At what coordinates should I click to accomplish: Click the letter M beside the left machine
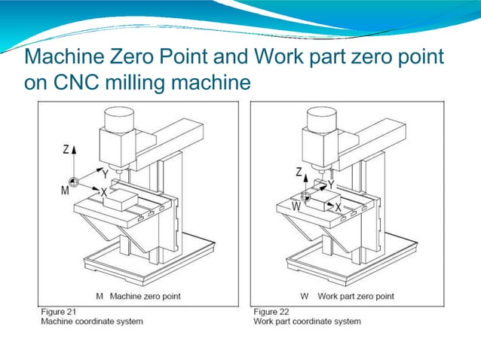[66, 191]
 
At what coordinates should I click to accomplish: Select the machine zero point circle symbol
[74, 182]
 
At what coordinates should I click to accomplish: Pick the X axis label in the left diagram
[103, 193]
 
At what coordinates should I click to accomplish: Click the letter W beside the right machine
[296, 205]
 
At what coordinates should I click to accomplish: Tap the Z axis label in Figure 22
[299, 173]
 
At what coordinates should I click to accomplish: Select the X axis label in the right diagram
[338, 206]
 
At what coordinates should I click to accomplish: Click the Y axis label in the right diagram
[331, 184]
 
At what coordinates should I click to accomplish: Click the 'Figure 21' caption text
[60, 311]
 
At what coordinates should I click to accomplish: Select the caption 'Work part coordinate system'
[307, 322]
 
